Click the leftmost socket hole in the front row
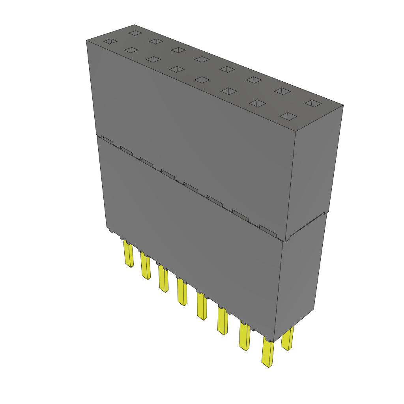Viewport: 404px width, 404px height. [x=110, y=41]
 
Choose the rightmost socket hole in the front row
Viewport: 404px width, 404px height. [x=289, y=116]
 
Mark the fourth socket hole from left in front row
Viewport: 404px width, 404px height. [x=176, y=69]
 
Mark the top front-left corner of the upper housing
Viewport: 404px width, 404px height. [x=86, y=40]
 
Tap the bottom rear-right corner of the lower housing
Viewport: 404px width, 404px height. [x=314, y=308]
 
